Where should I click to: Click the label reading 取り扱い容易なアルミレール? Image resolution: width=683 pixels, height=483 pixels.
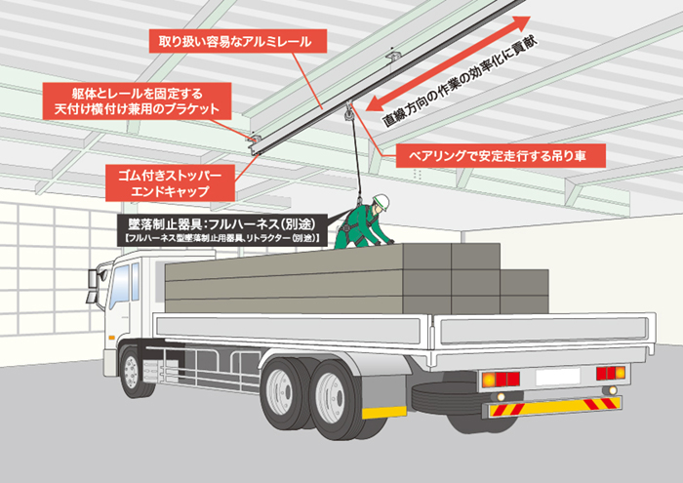click(238, 41)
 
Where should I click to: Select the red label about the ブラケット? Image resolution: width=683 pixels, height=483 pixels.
click(137, 101)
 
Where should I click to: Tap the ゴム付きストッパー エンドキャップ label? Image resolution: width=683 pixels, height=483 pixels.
click(170, 182)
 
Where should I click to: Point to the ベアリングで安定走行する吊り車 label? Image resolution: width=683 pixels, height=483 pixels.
click(501, 155)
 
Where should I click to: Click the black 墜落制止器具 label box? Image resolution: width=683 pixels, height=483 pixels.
click(221, 229)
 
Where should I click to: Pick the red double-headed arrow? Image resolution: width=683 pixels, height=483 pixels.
click(448, 64)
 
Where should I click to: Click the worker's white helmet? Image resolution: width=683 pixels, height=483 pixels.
click(382, 202)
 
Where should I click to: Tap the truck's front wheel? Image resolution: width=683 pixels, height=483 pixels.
click(132, 372)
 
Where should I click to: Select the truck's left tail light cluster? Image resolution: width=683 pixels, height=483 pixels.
click(501, 379)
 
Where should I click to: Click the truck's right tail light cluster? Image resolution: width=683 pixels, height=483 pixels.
click(610, 373)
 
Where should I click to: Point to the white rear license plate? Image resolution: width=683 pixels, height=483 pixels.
click(557, 377)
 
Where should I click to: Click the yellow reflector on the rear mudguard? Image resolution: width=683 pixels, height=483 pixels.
click(383, 412)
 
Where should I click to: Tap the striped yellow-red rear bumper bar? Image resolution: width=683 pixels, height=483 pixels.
click(554, 406)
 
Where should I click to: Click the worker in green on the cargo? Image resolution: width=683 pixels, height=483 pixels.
click(364, 222)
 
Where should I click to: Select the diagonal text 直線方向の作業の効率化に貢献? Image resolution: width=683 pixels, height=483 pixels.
click(461, 82)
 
